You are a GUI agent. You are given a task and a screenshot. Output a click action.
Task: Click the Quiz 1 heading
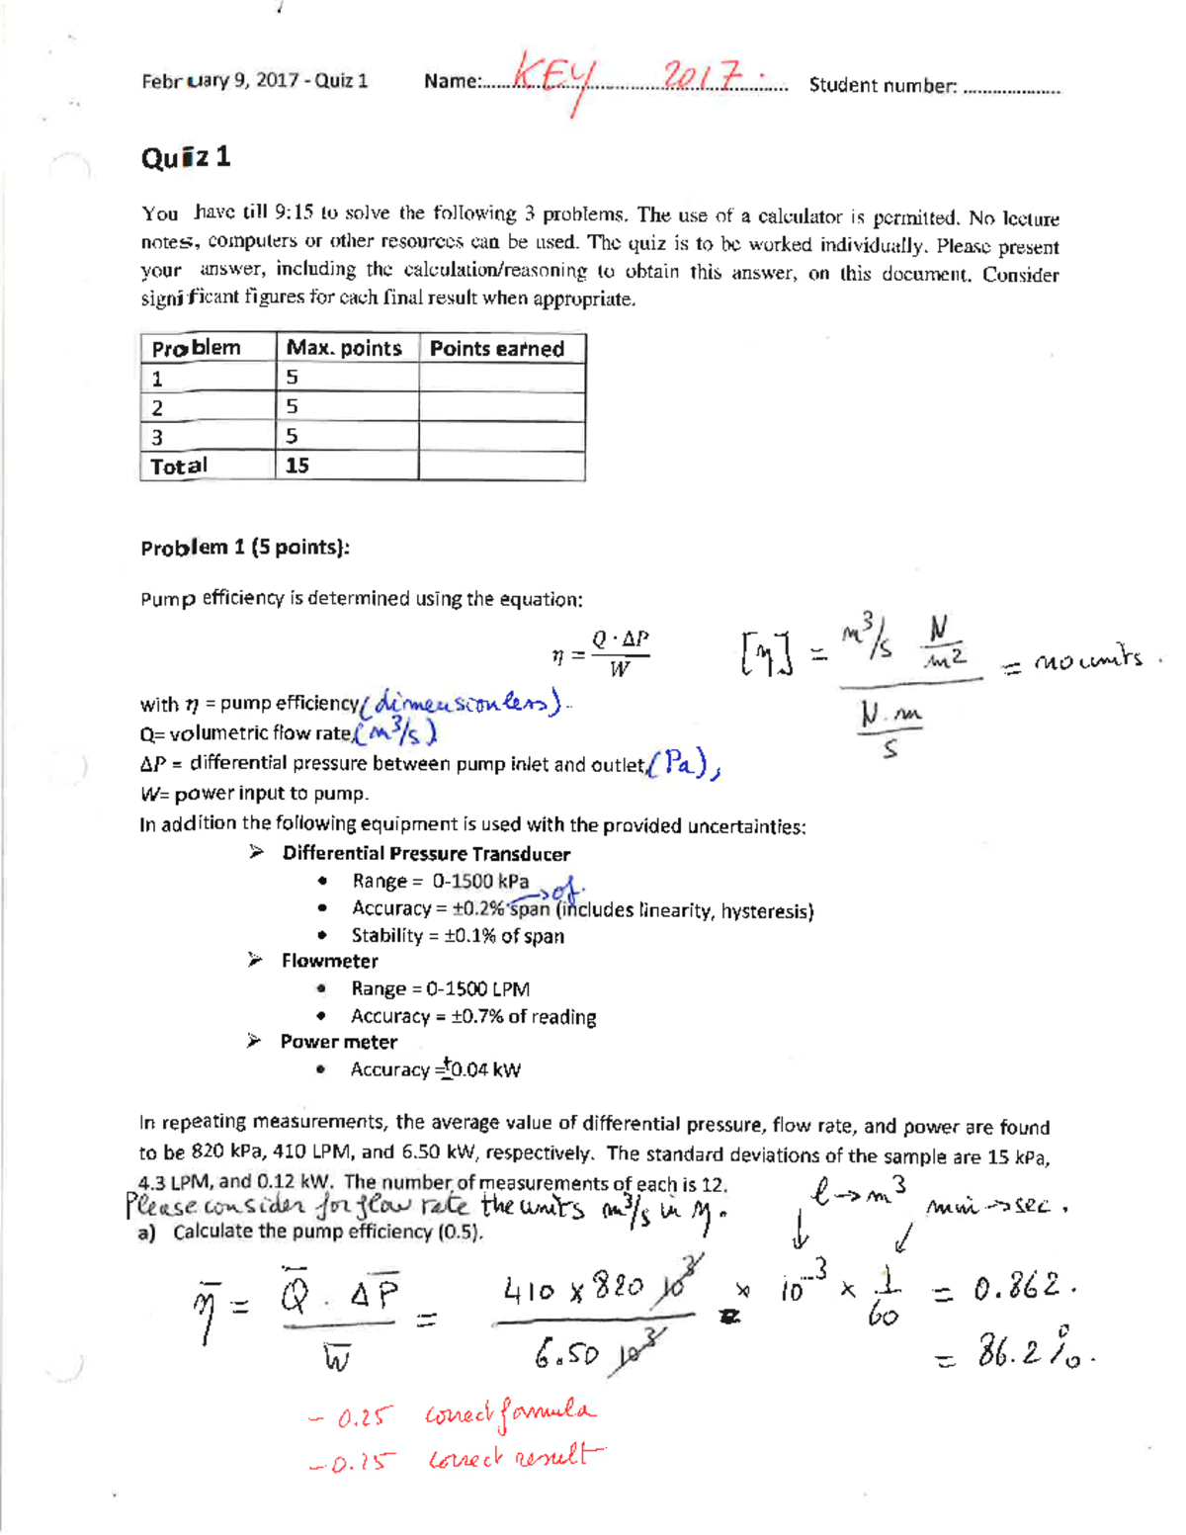coord(186,157)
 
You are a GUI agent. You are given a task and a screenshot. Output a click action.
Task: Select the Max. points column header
coord(343,348)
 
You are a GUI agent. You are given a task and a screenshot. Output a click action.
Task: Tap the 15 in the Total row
coord(296,466)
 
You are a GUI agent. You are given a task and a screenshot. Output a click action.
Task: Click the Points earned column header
coord(497,348)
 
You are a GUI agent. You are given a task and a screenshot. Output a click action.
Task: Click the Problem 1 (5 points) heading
coord(245,548)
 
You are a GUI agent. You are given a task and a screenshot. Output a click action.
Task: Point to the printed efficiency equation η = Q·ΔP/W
coord(601,654)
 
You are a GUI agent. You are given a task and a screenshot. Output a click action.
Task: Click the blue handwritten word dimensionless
coord(463,703)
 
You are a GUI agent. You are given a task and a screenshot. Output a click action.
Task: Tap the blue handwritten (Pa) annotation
coord(684,763)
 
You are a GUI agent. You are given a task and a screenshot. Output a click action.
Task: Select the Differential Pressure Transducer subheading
coord(425,854)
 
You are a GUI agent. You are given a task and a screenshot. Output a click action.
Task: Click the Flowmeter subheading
coord(329,961)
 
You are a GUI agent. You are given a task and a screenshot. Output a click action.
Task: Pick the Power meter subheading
coord(338,1042)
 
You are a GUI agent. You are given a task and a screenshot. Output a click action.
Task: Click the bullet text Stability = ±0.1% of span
coord(458,936)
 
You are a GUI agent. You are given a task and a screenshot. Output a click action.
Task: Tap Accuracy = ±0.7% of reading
coord(473,1017)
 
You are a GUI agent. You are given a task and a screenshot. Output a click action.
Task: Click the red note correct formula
coord(510,1414)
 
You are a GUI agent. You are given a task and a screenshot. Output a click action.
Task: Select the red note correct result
coord(514,1458)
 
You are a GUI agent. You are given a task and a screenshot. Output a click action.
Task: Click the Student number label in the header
coord(883,86)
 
